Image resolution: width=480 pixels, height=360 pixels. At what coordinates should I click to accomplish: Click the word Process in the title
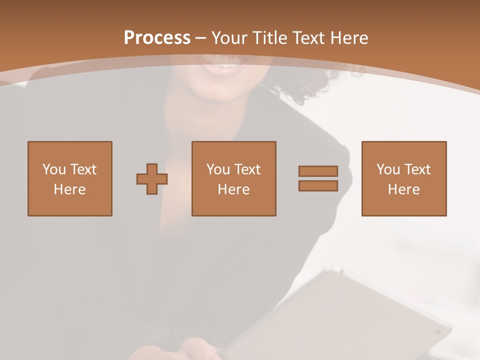[x=157, y=37]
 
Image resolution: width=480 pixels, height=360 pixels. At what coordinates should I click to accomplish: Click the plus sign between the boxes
[x=152, y=179]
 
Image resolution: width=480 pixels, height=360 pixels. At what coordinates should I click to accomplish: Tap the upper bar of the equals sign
[x=318, y=171]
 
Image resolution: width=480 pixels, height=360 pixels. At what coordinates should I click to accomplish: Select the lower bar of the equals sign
[x=318, y=186]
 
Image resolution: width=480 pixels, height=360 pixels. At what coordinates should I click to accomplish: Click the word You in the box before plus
[x=53, y=169]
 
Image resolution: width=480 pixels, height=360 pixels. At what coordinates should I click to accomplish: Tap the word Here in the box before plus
[x=70, y=189]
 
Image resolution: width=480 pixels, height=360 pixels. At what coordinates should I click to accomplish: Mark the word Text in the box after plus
[x=247, y=169]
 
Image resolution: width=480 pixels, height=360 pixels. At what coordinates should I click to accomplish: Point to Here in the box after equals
[x=404, y=189]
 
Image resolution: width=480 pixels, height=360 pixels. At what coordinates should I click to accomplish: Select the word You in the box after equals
[x=388, y=169]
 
